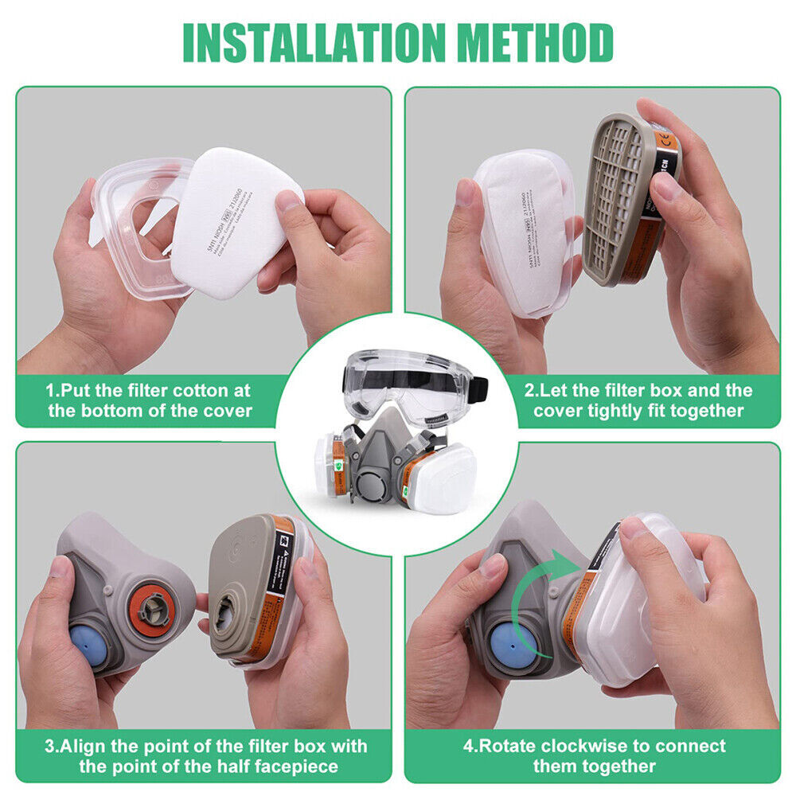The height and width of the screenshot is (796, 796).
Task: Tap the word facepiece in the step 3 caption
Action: click(x=298, y=767)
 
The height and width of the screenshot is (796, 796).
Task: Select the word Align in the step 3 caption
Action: click(x=85, y=746)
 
